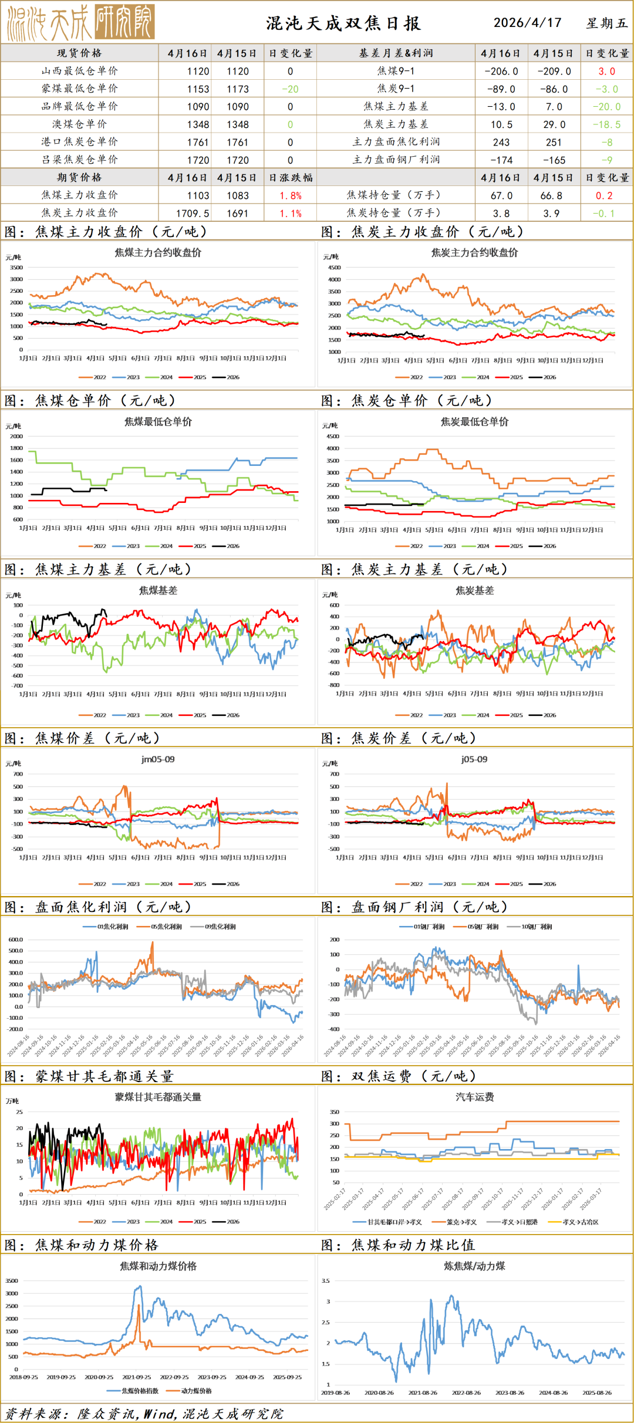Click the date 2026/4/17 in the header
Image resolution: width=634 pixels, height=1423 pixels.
[527, 23]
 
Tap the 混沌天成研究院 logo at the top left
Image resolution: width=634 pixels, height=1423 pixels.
[80, 23]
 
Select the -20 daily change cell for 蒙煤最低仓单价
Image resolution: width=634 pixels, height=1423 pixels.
[290, 89]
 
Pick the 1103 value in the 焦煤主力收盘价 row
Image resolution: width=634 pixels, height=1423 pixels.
[198, 195]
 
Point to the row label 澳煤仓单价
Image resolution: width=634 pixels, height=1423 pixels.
[79, 124]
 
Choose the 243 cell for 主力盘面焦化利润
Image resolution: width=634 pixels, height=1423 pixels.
[501, 143]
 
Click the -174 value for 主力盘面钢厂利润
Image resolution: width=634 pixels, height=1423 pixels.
[501, 160]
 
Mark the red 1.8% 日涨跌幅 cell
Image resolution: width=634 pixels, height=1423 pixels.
[290, 195]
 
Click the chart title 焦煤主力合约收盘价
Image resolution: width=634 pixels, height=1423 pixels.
[158, 253]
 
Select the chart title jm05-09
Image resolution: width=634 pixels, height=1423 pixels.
[158, 759]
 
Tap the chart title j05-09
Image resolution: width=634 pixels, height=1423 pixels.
[474, 759]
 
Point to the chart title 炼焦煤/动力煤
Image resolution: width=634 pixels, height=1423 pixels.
[474, 1266]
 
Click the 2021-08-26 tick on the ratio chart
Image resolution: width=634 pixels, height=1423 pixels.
[423, 1392]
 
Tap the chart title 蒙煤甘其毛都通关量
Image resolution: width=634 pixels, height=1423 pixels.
[158, 1097]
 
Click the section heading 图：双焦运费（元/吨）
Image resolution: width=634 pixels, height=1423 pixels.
[399, 1076]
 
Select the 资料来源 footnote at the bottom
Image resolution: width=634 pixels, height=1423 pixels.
[144, 1414]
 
